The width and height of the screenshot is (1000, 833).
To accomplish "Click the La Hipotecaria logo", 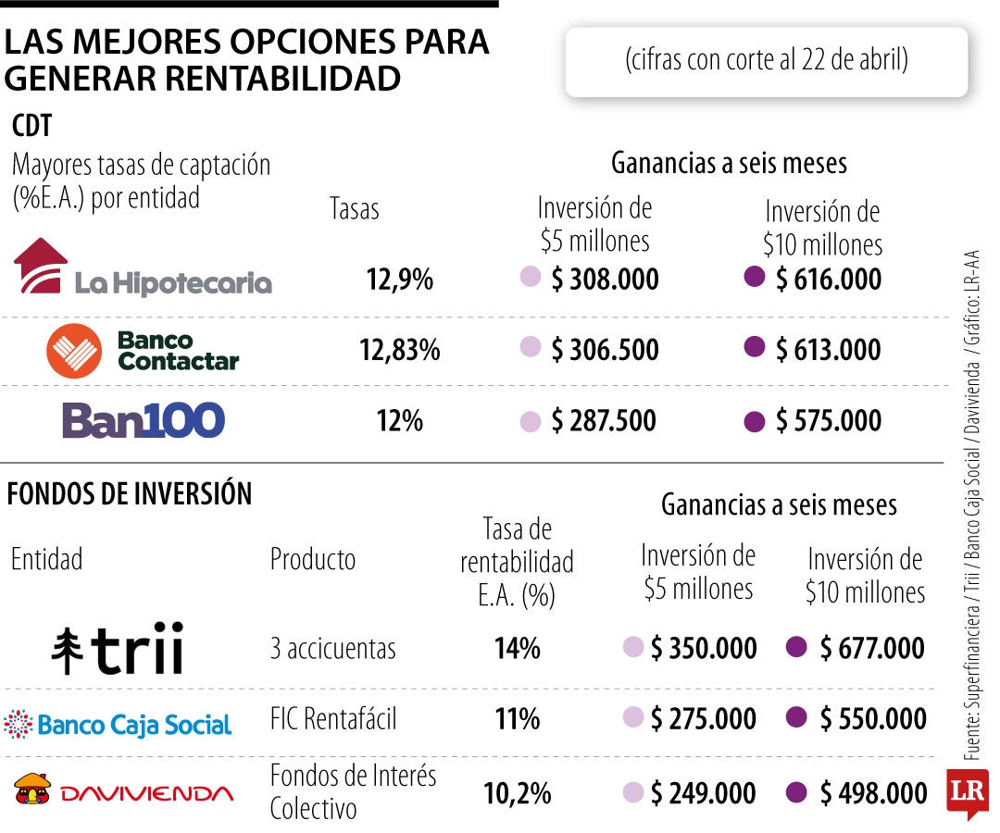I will [x=144, y=268].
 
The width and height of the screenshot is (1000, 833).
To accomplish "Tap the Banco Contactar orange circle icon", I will [x=74, y=351].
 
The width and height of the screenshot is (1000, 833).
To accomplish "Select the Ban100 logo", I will [x=144, y=420].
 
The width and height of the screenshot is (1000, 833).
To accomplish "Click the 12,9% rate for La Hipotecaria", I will [x=400, y=280].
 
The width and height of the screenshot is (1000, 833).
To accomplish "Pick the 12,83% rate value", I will [x=400, y=350].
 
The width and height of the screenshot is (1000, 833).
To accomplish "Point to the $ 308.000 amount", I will [x=605, y=280].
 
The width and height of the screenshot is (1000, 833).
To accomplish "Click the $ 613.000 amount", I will [x=829, y=350].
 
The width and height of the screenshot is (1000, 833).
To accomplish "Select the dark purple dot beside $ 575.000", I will [x=755, y=421].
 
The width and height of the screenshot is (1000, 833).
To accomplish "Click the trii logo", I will [x=118, y=648].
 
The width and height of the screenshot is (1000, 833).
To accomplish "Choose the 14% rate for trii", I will [x=517, y=648].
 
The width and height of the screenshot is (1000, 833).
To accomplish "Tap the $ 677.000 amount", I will [x=872, y=648].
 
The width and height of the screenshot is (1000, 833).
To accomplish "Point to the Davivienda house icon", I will [x=32, y=789].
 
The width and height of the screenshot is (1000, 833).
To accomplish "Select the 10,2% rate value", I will [x=517, y=793].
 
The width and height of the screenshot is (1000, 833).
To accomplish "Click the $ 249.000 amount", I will [x=703, y=793].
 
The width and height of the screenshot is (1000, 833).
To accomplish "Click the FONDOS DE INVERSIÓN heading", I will [x=130, y=494].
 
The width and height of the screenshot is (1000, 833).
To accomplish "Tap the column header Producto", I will [x=313, y=559].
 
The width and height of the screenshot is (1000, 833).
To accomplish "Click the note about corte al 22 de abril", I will [x=766, y=61].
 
